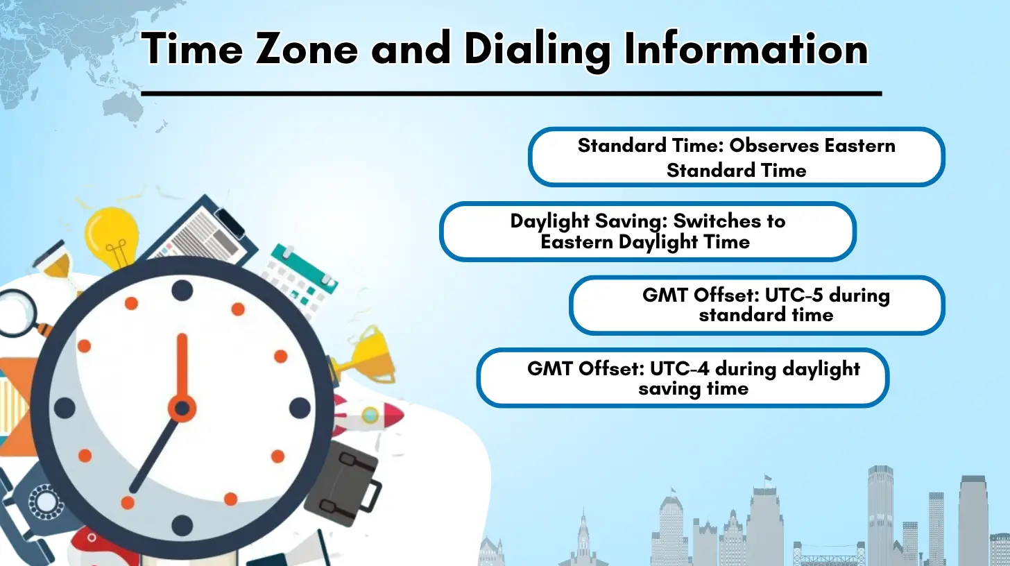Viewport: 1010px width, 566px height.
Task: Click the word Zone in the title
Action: pyautogui.click(x=307, y=49)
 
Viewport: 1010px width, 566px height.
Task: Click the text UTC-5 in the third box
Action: pyautogui.click(x=794, y=295)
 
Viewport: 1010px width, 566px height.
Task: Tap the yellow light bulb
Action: pyautogui.click(x=112, y=237)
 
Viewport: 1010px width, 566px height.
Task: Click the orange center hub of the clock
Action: pyautogui.click(x=182, y=408)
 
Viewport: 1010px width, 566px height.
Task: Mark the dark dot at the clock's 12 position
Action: pyautogui.click(x=182, y=291)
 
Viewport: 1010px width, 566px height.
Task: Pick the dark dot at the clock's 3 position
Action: pyautogui.click(x=300, y=408)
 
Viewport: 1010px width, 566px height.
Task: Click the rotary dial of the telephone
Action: pyautogui.click(x=45, y=501)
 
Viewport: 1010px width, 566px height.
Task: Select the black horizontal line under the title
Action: pyautogui.click(x=511, y=94)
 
